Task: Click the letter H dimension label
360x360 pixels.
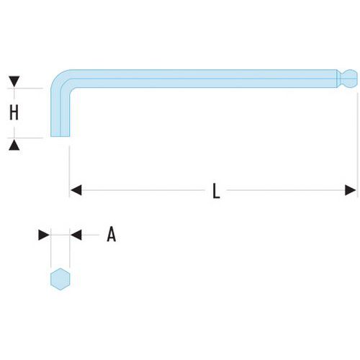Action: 14,112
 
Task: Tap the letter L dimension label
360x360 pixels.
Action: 216,191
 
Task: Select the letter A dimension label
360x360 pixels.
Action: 112,235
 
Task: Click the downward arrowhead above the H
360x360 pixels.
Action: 14,81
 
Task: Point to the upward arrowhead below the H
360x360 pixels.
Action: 14,145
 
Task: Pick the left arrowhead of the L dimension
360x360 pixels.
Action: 76,190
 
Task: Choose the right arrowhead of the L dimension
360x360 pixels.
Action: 351,190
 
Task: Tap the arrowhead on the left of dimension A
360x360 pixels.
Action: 44,235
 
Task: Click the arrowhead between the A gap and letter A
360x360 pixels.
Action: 76,235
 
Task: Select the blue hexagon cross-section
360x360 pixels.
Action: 60,279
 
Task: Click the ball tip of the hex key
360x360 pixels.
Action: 351,78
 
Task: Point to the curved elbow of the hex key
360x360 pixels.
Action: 60,79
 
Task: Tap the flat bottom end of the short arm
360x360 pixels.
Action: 60,136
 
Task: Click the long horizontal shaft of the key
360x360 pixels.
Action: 204,78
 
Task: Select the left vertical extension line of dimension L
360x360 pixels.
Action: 69,171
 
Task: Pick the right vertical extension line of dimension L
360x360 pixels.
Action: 357,144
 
